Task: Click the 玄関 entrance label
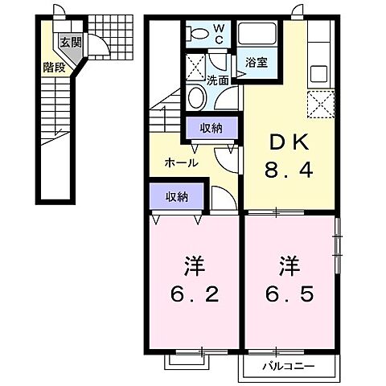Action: click(x=66, y=43)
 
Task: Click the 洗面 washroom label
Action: click(x=216, y=80)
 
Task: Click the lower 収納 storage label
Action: click(x=178, y=196)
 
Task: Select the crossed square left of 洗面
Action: click(x=195, y=64)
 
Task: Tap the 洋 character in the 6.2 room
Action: click(x=193, y=263)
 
